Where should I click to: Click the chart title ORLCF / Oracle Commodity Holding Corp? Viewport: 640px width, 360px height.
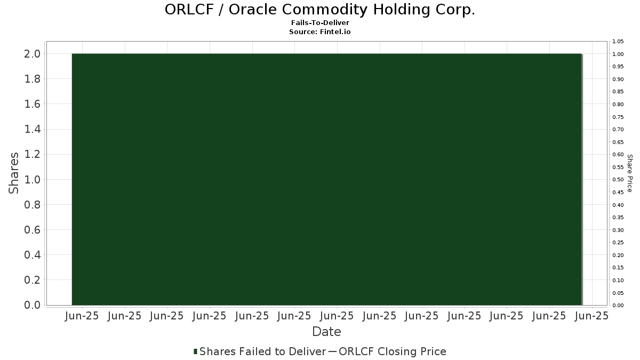click(x=320, y=10)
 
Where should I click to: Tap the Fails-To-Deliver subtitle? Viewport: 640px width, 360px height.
click(x=320, y=22)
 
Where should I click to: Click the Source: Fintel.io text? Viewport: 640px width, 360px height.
click(x=319, y=31)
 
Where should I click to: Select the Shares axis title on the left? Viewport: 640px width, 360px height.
click(x=13, y=173)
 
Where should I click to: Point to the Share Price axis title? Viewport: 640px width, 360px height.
click(x=629, y=173)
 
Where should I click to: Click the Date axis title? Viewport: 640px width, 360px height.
click(x=326, y=332)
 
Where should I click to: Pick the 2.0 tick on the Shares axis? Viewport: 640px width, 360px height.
click(x=33, y=54)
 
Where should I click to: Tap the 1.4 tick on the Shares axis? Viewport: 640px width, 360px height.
click(x=33, y=129)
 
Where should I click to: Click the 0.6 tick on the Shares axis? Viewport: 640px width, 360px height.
click(x=33, y=230)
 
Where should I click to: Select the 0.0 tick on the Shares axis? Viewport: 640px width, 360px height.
click(x=33, y=305)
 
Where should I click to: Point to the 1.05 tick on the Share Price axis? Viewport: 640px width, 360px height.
click(x=618, y=42)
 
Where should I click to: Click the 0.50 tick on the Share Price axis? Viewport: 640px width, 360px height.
click(x=618, y=180)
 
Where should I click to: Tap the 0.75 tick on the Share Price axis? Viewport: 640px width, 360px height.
click(x=618, y=117)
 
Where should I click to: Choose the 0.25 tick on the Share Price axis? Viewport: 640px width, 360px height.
click(x=618, y=243)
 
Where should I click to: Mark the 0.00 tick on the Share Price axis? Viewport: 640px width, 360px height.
click(x=618, y=306)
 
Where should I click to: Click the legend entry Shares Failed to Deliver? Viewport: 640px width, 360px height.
click(x=262, y=351)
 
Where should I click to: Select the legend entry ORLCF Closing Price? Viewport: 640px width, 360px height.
click(x=393, y=351)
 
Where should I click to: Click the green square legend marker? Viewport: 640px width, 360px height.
click(x=195, y=351)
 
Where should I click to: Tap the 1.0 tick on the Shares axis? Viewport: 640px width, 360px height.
click(x=33, y=179)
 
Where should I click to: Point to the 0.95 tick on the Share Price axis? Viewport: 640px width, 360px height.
click(x=618, y=67)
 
